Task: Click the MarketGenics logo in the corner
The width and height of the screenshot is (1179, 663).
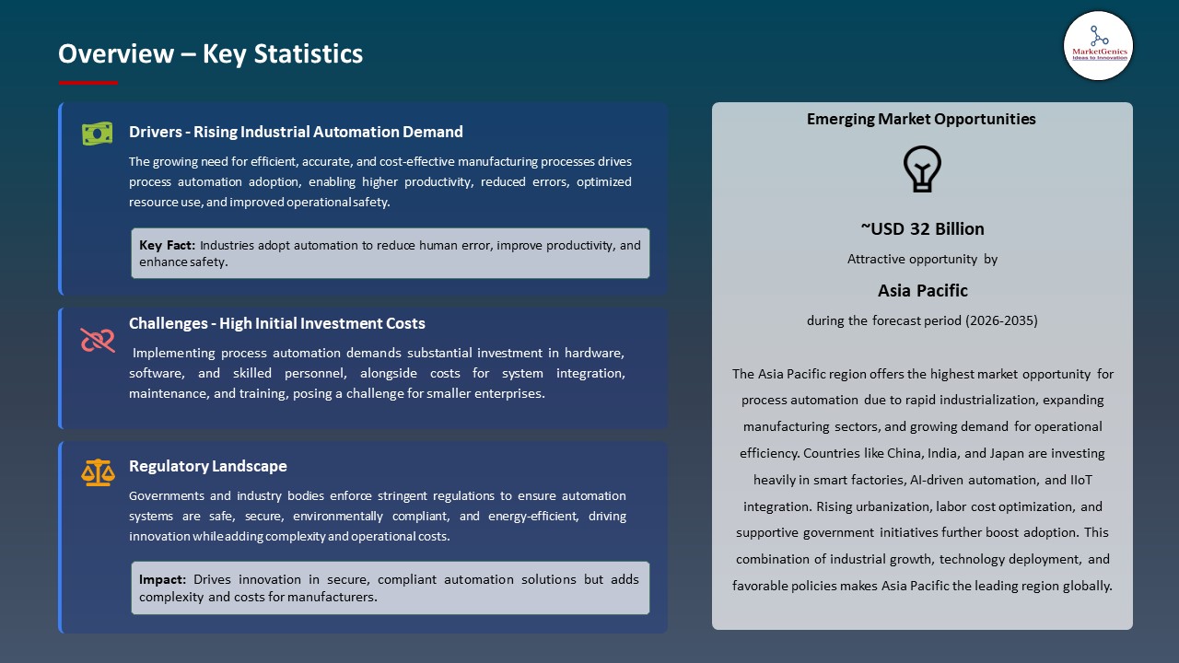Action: coord(1098,45)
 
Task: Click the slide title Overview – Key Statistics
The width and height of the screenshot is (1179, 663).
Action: coord(210,53)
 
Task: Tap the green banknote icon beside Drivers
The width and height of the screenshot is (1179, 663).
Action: coord(97,134)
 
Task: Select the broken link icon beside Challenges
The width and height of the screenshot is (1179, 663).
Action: coord(97,340)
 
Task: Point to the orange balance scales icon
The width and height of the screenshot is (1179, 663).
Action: coord(97,473)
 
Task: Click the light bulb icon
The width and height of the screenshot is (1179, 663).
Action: coord(921,169)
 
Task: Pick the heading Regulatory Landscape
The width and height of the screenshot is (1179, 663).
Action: coord(207,466)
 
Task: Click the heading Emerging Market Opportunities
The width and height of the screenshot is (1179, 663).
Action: coord(921,119)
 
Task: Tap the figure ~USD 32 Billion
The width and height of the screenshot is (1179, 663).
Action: coord(922,228)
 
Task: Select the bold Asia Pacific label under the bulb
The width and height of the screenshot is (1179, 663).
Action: coord(922,290)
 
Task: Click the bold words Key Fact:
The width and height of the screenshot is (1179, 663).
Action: coord(167,246)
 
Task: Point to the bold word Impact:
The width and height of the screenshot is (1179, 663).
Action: coord(163,579)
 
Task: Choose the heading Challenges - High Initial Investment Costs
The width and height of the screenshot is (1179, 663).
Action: coord(276,323)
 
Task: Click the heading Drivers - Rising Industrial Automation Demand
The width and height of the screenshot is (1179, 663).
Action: coord(296,132)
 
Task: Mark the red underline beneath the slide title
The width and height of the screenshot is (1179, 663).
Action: coord(88,83)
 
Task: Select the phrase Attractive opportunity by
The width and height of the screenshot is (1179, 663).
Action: coord(922,260)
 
